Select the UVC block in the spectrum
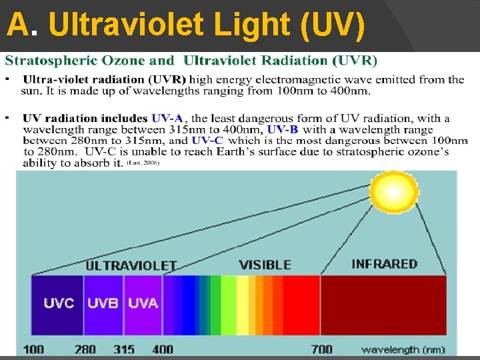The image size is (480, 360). (58, 304)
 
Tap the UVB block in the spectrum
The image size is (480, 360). (103, 304)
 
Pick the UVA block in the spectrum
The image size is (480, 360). (143, 304)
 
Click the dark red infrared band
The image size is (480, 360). (383, 304)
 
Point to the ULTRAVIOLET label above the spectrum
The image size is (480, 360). (131, 265)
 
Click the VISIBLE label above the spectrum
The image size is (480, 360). (265, 265)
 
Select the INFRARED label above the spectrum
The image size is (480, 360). (384, 264)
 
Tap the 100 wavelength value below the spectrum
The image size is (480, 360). (35, 349)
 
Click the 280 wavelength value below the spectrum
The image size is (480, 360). (85, 349)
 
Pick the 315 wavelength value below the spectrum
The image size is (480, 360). (124, 349)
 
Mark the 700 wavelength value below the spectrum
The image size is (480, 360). (322, 349)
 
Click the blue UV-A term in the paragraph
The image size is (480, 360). (169, 119)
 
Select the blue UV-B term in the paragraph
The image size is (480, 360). (283, 129)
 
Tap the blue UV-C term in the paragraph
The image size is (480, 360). (207, 141)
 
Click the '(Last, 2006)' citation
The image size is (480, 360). (143, 163)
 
